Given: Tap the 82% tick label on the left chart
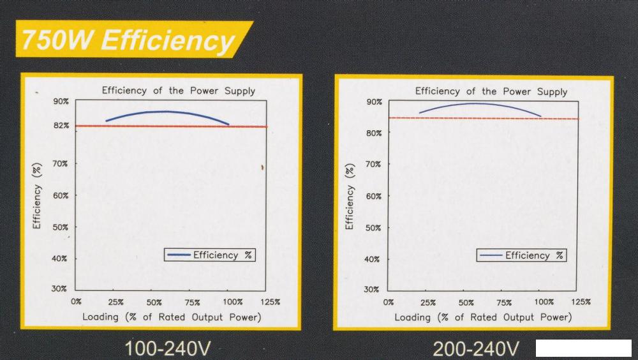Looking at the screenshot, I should click(61, 126).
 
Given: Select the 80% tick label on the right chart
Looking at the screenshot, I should click(373, 133).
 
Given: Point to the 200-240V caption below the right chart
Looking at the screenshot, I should click(476, 349).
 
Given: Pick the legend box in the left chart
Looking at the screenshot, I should click(209, 255).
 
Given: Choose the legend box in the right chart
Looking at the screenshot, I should click(521, 255).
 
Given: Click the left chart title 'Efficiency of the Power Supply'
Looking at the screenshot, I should click(179, 91).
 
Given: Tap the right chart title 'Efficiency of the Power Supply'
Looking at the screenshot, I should click(491, 91).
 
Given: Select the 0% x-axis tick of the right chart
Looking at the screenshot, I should click(389, 303).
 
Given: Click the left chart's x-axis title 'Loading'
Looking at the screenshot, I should click(172, 317).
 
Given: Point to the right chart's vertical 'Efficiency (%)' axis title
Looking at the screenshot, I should click(350, 197).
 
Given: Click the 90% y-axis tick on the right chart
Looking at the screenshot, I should click(373, 102).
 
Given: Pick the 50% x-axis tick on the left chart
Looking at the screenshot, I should click(154, 302).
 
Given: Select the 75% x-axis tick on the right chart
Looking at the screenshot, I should click(505, 303).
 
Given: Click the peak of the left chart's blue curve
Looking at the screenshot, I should click(166, 112).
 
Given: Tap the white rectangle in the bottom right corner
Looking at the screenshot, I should click(584, 349).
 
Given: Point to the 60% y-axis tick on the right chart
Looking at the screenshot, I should click(373, 196).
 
